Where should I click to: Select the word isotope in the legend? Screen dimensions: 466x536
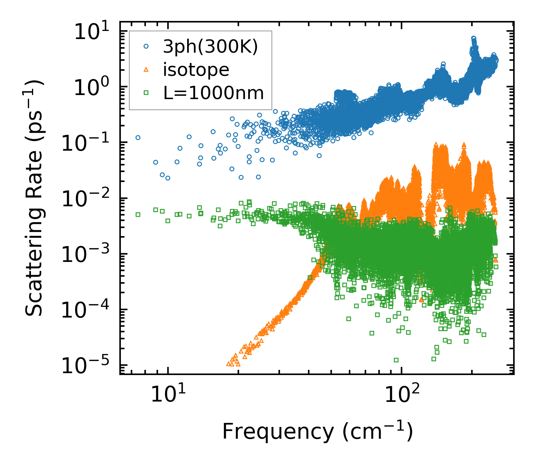pos(196,70)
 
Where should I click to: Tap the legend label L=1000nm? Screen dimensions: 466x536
pos(214,93)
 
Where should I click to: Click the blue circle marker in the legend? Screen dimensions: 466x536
pos(146,47)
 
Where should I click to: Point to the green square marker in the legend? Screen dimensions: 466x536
pos(146,93)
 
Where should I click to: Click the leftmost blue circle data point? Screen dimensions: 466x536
pos(138,137)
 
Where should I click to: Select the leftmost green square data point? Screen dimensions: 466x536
pos(138,214)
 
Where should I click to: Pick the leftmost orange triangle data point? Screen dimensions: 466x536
pos(228,364)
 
